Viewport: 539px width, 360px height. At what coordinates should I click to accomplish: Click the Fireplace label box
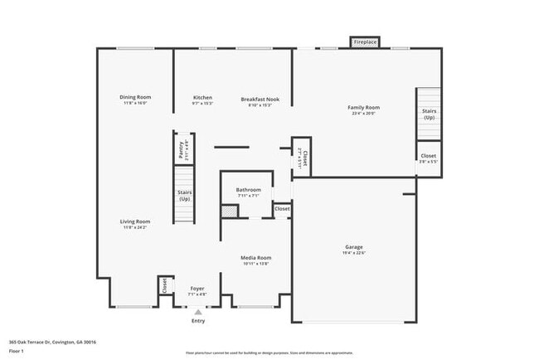click(365, 41)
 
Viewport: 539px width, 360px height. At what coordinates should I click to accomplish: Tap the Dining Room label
click(134, 98)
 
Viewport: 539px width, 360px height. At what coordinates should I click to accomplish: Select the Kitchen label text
click(202, 98)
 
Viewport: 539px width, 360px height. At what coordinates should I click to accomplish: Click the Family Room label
click(363, 107)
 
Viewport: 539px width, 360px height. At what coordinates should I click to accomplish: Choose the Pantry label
click(182, 150)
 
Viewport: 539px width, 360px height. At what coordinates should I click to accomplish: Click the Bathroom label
click(248, 190)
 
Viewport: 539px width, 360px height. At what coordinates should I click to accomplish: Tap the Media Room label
click(255, 258)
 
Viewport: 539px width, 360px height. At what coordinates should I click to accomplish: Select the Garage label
click(354, 247)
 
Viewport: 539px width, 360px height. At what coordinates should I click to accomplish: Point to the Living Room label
click(134, 221)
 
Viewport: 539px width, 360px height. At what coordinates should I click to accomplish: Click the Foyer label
click(197, 289)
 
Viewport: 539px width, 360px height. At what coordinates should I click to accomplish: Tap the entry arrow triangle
click(197, 312)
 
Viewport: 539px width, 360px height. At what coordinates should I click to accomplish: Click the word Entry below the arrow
click(197, 320)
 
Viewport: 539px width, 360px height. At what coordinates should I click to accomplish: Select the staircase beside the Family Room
click(428, 114)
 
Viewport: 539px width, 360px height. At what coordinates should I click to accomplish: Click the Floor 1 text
click(17, 351)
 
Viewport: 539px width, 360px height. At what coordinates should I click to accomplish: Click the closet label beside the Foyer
click(164, 285)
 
